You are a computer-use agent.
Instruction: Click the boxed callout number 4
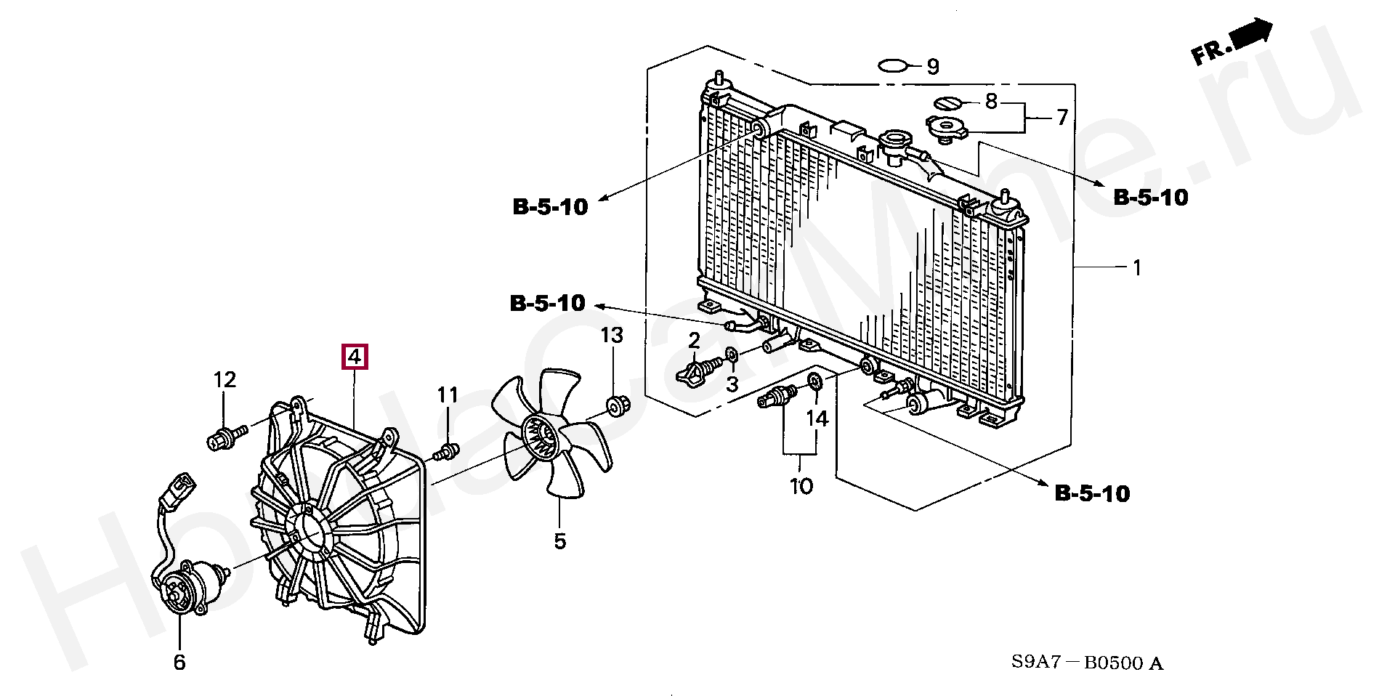[355, 357]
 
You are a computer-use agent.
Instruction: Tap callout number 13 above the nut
[612, 336]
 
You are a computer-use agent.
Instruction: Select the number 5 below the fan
[559, 541]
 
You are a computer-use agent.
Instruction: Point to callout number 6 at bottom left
[179, 662]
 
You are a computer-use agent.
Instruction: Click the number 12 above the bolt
[225, 380]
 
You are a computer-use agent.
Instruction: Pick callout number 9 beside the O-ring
[933, 67]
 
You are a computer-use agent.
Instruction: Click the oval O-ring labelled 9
[894, 66]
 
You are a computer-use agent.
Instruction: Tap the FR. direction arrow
[1234, 43]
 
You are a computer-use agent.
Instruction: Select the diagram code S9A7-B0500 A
[1087, 663]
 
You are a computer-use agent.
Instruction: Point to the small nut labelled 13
[617, 405]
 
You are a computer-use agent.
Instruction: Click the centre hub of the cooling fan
[539, 437]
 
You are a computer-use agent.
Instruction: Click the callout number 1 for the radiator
[1137, 268]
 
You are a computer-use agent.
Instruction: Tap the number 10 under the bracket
[801, 486]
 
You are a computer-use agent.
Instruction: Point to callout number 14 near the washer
[817, 418]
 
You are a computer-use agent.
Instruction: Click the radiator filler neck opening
[895, 138]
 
